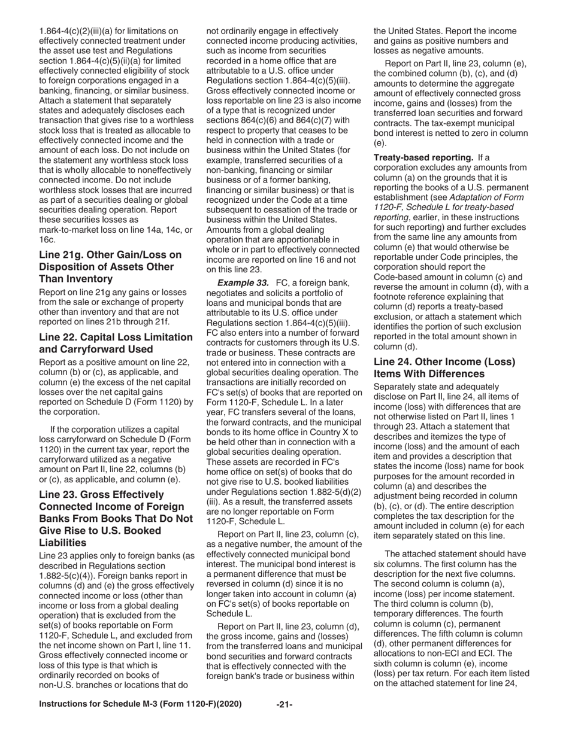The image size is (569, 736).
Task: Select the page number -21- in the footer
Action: click(x=284, y=705)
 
